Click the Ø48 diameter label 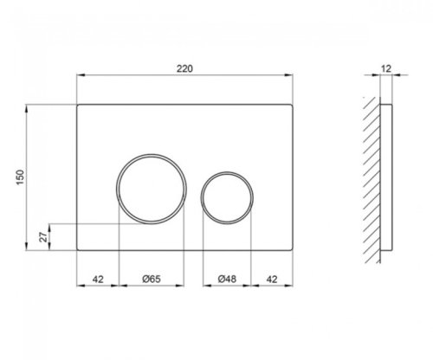click(228, 279)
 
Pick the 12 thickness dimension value click(388, 67)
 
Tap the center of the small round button click(227, 190)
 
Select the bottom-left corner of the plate click(78, 251)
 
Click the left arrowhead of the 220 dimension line click(81, 76)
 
